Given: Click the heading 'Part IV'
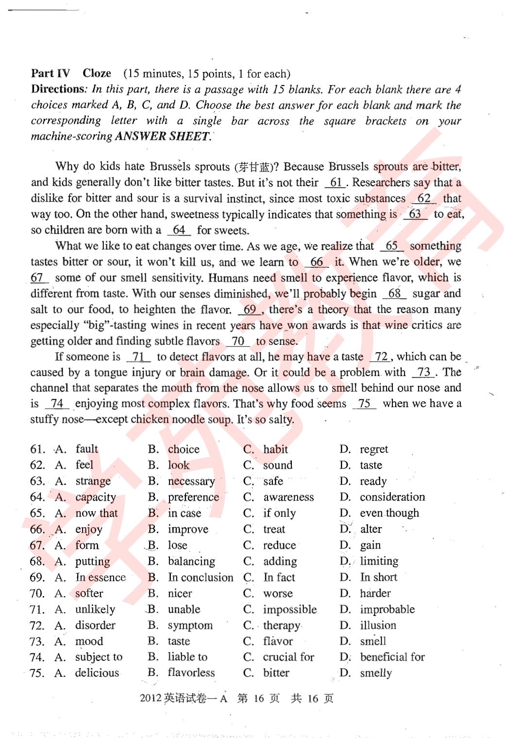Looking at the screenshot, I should [x=50, y=73].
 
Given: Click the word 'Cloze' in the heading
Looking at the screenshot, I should [x=97, y=73].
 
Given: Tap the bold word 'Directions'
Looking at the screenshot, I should [x=58, y=89].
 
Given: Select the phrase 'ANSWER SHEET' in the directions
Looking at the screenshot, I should [x=162, y=136].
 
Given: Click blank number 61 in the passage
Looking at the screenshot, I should [x=336, y=183].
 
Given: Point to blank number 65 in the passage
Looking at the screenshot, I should [x=392, y=246].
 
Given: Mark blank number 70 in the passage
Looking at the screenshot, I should [x=238, y=341].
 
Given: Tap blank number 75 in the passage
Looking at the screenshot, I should [x=365, y=404].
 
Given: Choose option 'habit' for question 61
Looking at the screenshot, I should [x=275, y=449].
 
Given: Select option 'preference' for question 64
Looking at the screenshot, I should [x=193, y=497].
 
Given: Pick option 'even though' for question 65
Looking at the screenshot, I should [x=389, y=513].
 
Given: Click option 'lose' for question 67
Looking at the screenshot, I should [x=177, y=545].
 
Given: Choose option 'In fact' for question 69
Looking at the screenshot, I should [x=279, y=577].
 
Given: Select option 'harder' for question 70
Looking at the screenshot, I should [x=375, y=593].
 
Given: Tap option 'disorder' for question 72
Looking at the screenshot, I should [x=95, y=625].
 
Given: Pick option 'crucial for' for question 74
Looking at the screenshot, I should [x=288, y=657].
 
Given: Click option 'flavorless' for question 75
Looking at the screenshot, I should [x=191, y=673].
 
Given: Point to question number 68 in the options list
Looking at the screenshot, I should [x=37, y=562].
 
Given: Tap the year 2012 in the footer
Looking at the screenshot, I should [x=151, y=698].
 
